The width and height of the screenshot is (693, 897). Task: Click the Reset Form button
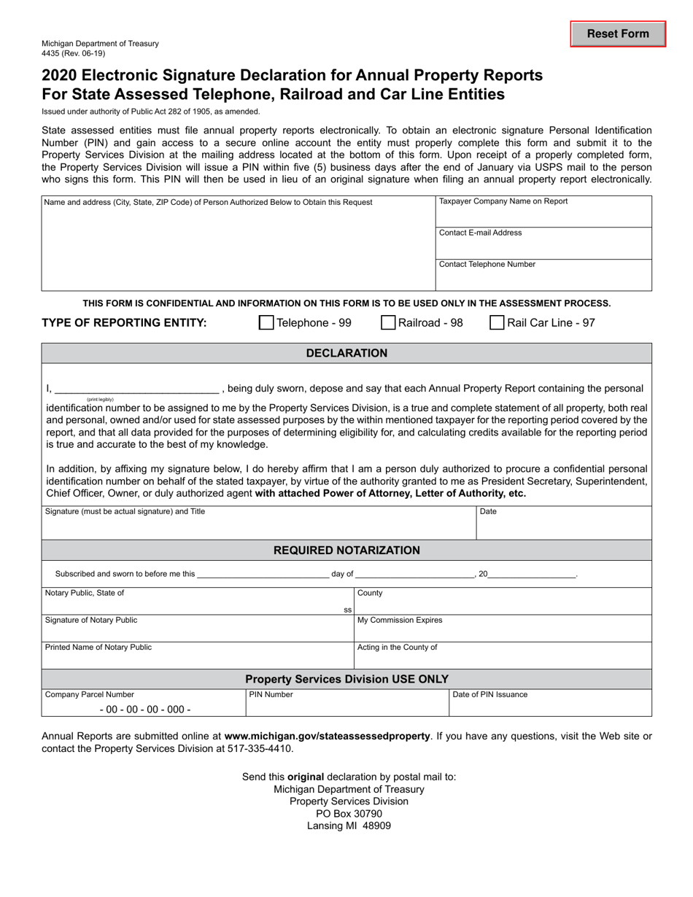coord(618,34)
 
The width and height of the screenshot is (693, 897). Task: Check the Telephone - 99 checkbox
coord(267,323)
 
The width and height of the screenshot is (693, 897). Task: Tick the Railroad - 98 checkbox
coord(389,323)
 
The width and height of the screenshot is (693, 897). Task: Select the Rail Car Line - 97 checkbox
coord(497,323)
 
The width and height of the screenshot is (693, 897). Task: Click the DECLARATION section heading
coord(346,354)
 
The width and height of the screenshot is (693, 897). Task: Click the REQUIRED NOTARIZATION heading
coord(346,551)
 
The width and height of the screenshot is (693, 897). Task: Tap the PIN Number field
coord(346,704)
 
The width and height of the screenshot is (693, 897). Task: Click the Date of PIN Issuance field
coord(550,704)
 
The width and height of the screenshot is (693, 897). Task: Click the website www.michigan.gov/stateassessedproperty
coord(328,737)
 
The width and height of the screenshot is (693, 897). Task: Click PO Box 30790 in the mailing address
coord(349,814)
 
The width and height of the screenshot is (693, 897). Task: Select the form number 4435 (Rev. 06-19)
coord(74,53)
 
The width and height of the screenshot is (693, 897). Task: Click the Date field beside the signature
coord(563,524)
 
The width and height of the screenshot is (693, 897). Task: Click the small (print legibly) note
coord(100,400)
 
